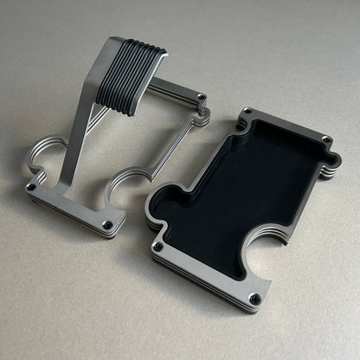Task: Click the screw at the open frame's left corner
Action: pyautogui.click(x=32, y=186)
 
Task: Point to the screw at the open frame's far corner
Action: pyautogui.click(x=202, y=97)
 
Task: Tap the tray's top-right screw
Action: pyautogui.click(x=326, y=140)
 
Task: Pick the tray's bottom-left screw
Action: pyautogui.click(x=158, y=247)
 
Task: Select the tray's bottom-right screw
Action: pyautogui.click(x=254, y=299)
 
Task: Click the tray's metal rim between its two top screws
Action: pyautogui.click(x=286, y=126)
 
